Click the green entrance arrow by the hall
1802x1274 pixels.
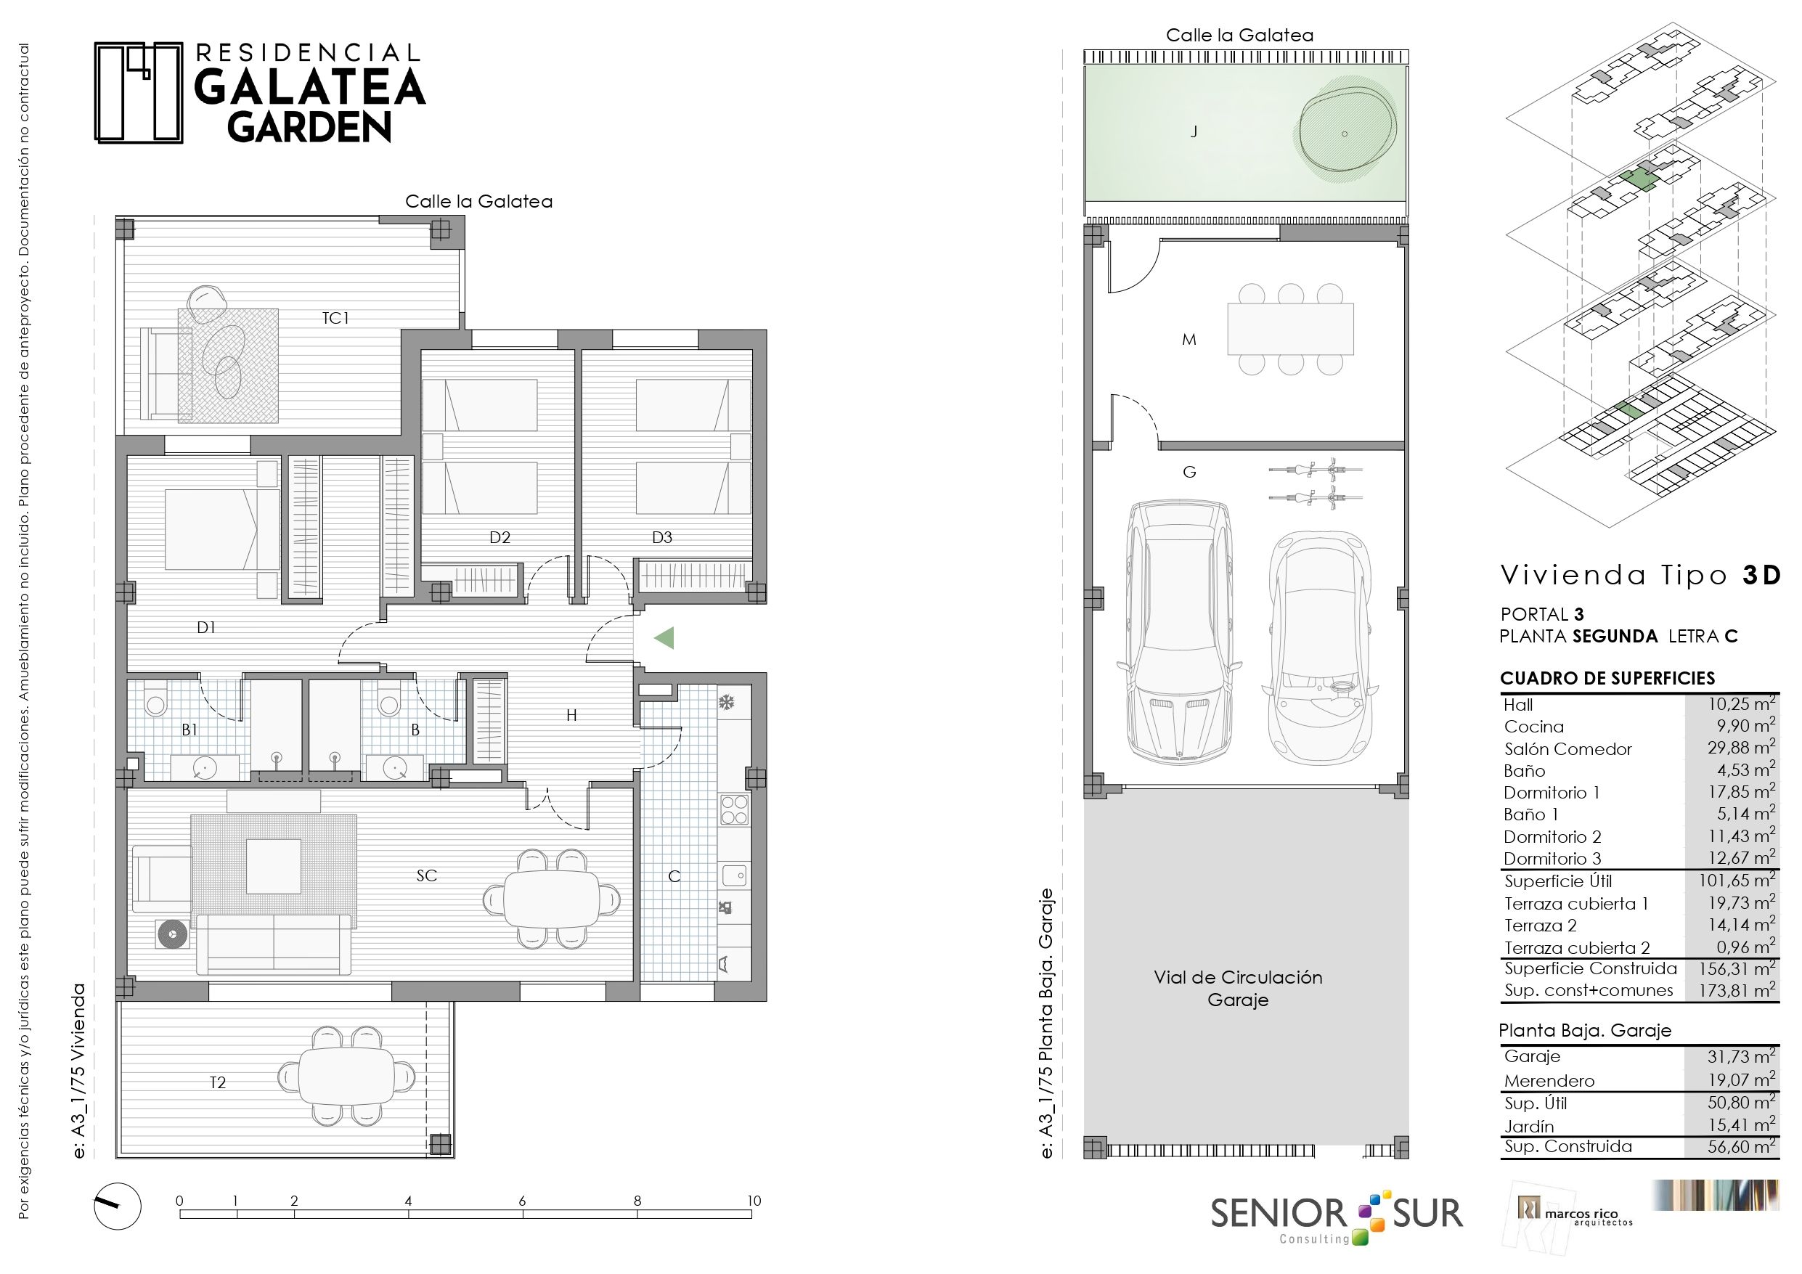(664, 638)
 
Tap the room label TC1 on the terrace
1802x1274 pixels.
(335, 318)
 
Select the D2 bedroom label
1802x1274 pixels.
(500, 538)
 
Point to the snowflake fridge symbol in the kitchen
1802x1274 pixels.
(727, 702)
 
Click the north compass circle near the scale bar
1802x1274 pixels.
(118, 1206)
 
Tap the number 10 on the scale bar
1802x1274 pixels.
(754, 1200)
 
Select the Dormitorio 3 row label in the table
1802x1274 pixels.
(1552, 859)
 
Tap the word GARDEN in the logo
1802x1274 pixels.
(309, 128)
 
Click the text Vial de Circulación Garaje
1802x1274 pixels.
(1238, 988)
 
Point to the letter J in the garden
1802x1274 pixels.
(1194, 132)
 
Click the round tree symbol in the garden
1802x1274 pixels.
(1345, 134)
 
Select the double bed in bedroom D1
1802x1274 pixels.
(222, 529)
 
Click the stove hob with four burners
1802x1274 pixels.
(734, 809)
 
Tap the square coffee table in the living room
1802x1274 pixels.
(273, 867)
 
